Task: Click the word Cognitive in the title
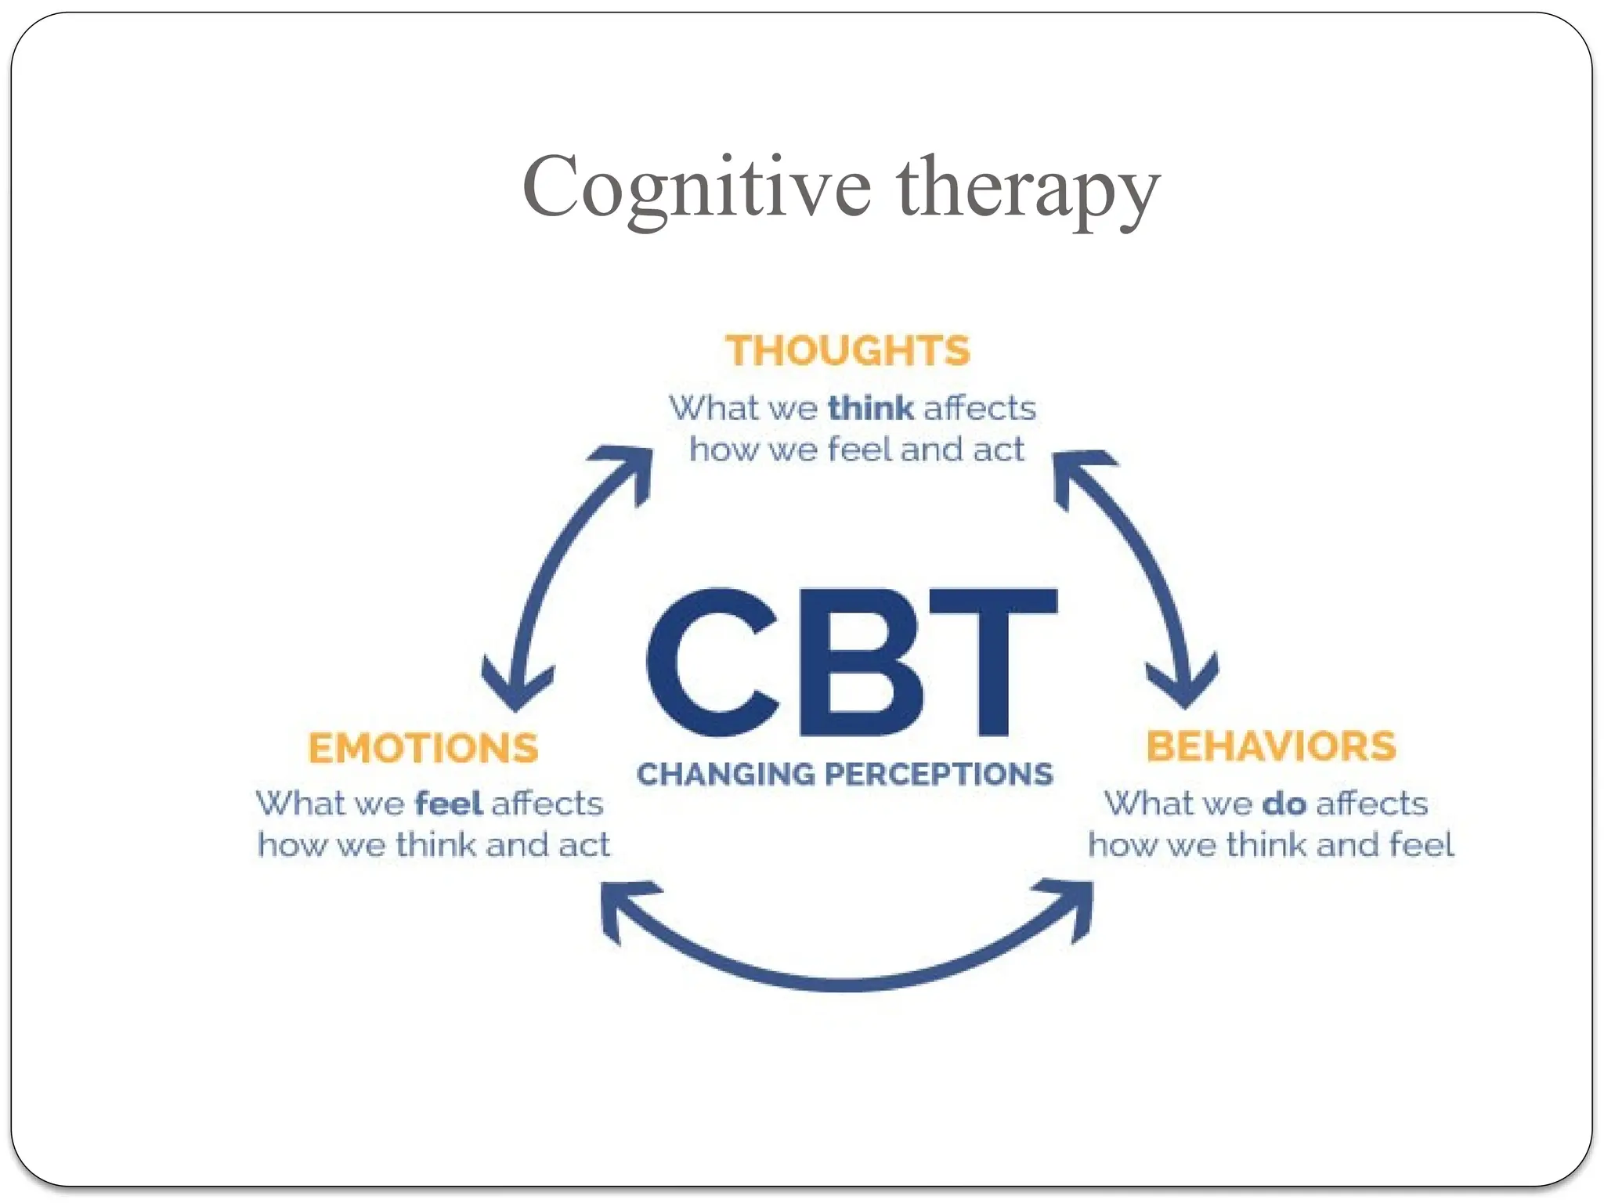click(695, 188)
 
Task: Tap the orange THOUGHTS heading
click(847, 350)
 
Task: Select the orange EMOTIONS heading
click(423, 748)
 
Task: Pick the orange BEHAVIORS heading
click(1271, 746)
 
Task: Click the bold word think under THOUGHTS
click(870, 408)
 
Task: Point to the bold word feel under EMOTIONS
click(448, 804)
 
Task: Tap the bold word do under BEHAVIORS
click(1284, 804)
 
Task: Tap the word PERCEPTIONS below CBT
click(938, 775)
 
